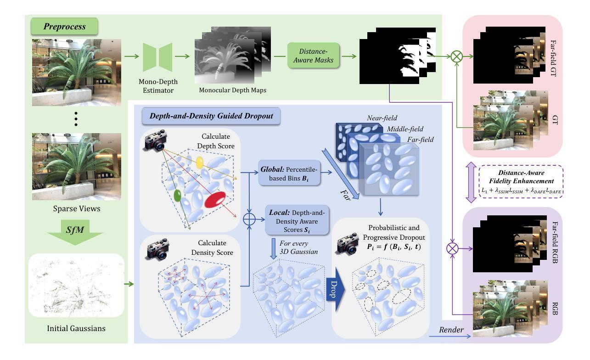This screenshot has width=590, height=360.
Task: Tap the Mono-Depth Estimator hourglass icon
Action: coord(157,57)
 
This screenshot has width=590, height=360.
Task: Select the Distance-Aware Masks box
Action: coord(314,56)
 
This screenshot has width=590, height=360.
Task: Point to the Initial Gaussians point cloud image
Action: coord(76,285)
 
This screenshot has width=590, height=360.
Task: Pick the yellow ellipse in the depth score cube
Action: coord(200,162)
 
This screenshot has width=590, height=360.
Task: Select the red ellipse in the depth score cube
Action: coord(216,201)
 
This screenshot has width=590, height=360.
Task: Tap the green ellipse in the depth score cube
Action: coord(177,197)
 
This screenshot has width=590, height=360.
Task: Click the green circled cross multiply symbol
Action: coord(456,56)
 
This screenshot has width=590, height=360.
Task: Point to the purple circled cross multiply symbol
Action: coord(453,249)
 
